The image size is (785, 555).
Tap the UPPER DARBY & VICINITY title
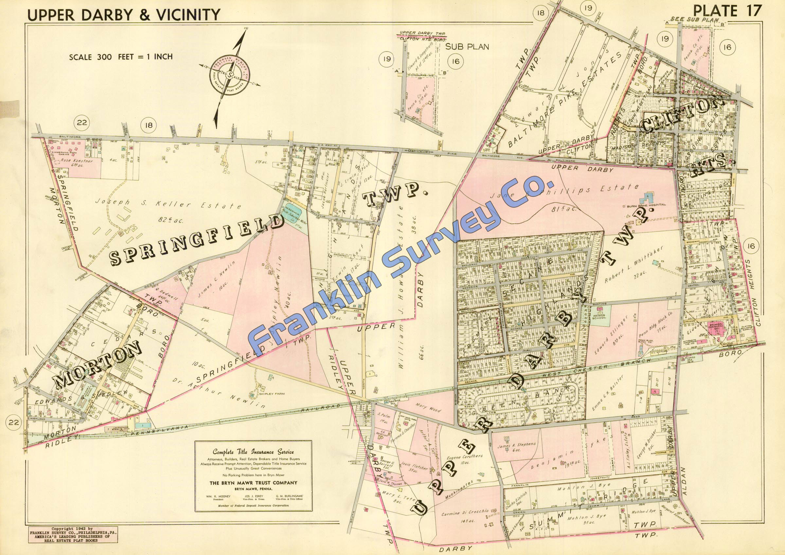tap(124, 15)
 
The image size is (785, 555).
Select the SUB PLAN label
tap(467, 47)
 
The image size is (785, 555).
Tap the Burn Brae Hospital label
tap(646, 205)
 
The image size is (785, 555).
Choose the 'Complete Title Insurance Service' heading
tap(253, 451)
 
